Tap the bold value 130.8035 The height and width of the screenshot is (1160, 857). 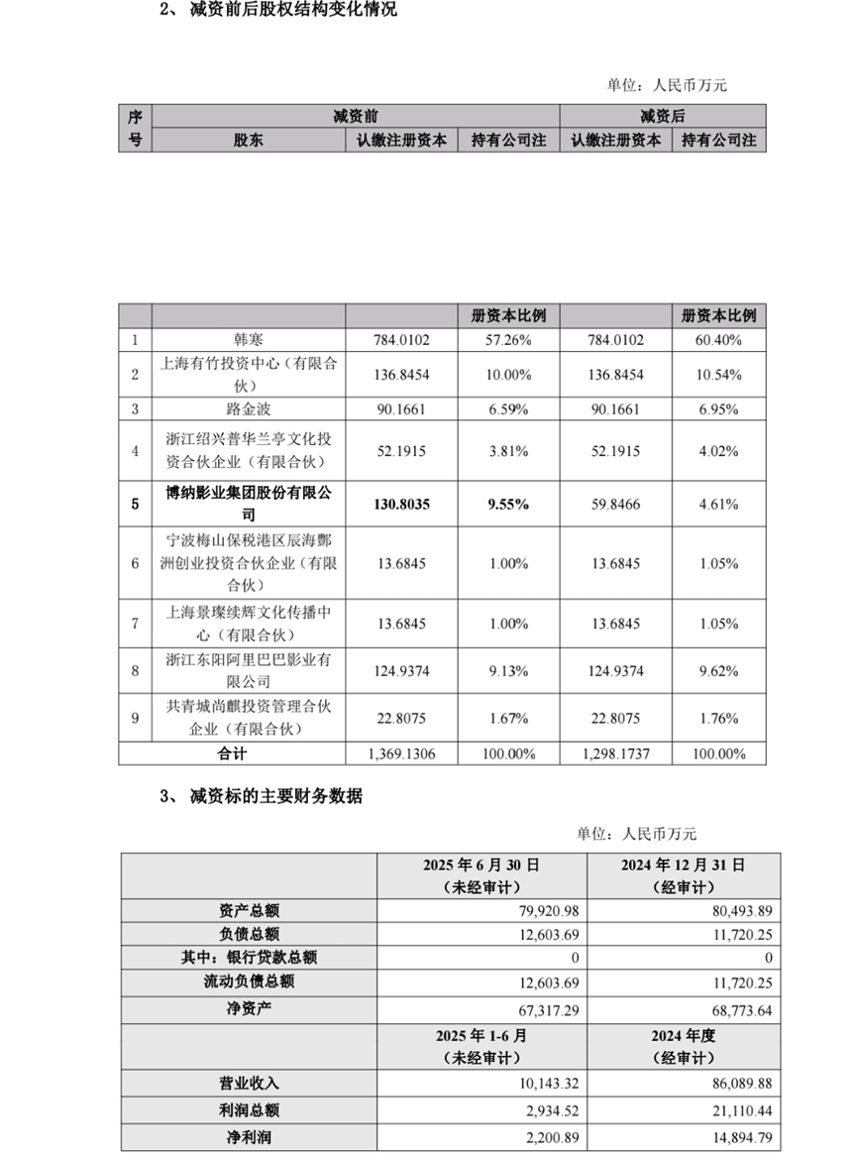402,504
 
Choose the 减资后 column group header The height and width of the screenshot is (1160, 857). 663,117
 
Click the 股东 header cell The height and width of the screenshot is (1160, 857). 249,141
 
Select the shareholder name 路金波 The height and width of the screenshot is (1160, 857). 248,408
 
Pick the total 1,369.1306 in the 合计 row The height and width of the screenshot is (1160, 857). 400,754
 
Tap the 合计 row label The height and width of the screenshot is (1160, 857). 232,754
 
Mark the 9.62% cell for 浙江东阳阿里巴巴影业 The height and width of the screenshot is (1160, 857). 718,670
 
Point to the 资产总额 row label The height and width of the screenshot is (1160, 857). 249,909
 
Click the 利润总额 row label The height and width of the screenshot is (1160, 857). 249,1111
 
